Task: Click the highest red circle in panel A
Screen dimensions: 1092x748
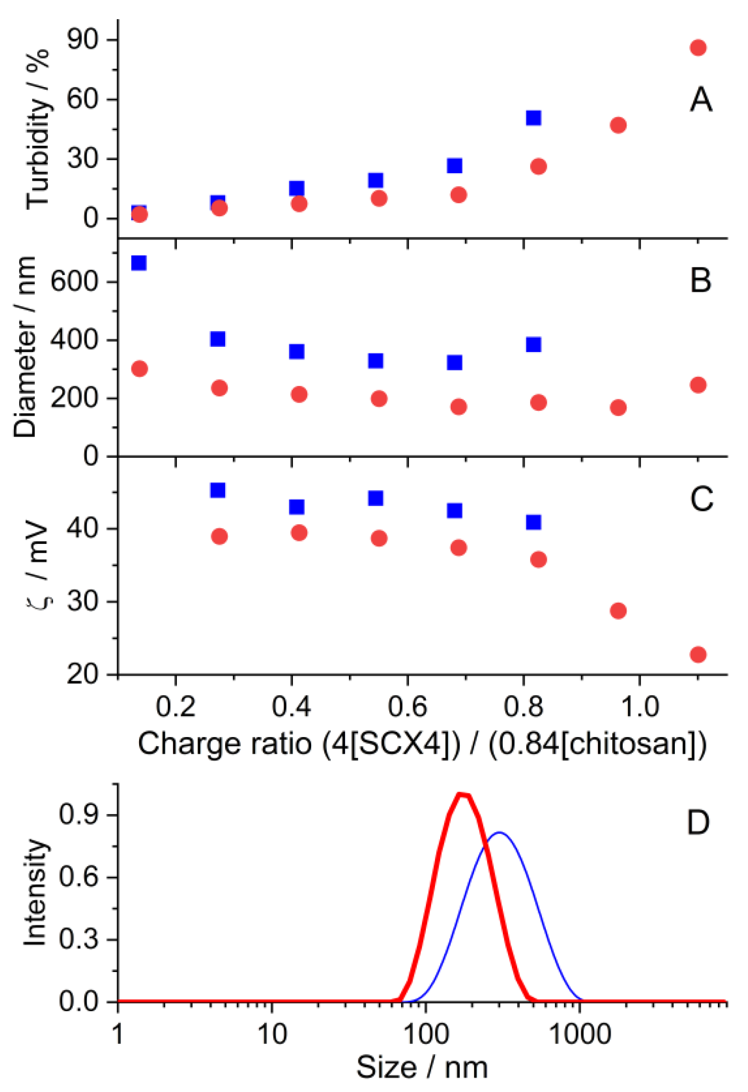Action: point(698,47)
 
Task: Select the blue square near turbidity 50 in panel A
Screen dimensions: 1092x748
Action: point(533,118)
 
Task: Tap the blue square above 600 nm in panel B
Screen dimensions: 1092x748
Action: point(139,263)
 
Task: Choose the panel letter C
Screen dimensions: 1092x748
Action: point(701,499)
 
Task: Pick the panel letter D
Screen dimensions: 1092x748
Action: point(698,823)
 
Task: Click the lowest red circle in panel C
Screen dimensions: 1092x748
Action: point(698,654)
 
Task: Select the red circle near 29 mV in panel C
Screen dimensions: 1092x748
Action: point(618,610)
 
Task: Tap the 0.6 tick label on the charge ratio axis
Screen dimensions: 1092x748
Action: point(407,706)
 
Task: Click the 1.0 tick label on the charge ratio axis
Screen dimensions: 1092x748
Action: point(640,706)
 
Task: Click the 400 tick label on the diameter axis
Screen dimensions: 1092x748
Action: point(74,340)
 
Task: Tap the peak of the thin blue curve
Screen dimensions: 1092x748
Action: point(499,833)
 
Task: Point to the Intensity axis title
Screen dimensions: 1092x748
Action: point(35,892)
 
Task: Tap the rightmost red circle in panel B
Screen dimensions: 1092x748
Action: point(698,385)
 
